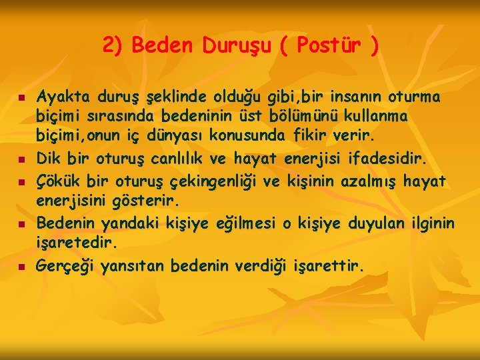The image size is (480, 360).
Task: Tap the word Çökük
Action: click(57, 181)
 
